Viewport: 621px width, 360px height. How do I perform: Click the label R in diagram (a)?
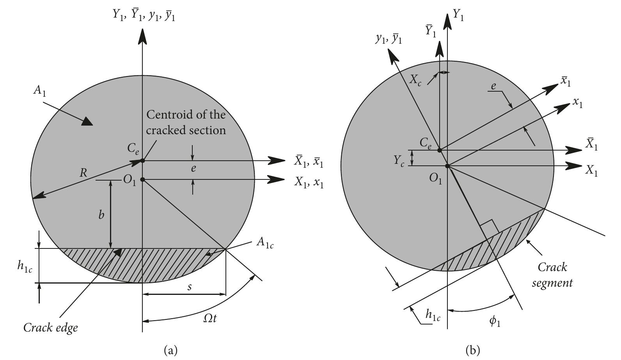[83, 172]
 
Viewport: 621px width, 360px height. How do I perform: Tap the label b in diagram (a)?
[101, 215]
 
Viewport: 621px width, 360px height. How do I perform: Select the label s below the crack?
[190, 287]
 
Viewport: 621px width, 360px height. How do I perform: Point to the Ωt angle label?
[209, 318]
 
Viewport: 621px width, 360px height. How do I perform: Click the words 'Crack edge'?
[50, 328]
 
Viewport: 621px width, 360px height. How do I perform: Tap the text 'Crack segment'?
[552, 275]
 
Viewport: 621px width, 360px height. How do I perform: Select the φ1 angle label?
[495, 321]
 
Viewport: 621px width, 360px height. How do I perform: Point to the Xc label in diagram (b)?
[415, 80]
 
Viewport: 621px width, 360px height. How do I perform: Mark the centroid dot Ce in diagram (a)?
[143, 160]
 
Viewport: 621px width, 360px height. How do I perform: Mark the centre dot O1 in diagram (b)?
[447, 166]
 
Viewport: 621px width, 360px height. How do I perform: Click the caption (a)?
[171, 349]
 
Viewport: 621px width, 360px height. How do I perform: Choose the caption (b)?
[472, 349]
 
